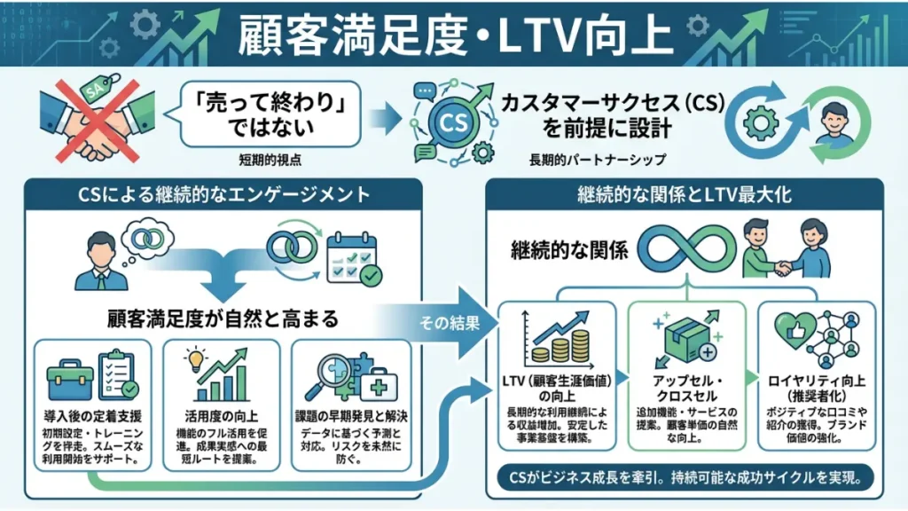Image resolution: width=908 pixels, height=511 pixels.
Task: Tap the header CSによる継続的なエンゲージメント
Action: coord(223,193)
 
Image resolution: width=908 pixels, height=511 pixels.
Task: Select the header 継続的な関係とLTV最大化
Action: coord(685,193)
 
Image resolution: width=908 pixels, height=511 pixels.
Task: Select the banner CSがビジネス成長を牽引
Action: coord(684,478)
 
